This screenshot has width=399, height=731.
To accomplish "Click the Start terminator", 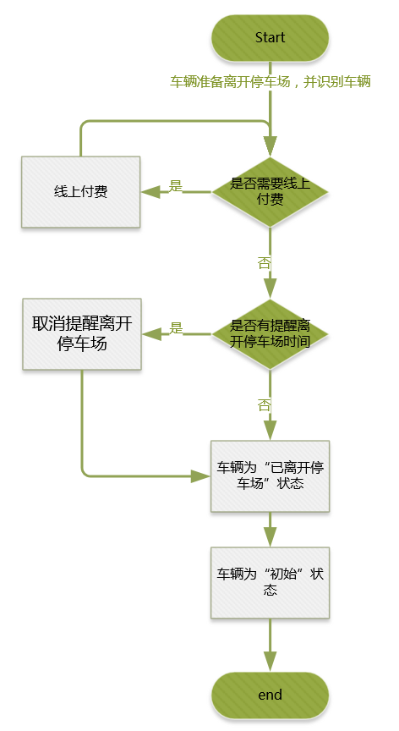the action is coord(270,38).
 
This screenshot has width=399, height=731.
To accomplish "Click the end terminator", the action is coord(270,695).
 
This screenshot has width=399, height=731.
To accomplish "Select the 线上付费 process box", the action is coord(80,192).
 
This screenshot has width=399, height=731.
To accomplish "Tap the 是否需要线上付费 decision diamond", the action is coord(270,192).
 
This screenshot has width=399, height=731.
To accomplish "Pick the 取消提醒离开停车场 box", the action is coord(82,334).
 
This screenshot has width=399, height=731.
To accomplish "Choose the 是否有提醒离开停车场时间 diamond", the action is coord(270,334).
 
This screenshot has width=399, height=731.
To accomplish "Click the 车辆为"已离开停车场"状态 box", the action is coord(270,476).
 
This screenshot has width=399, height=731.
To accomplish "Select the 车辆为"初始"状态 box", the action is coord(270,583).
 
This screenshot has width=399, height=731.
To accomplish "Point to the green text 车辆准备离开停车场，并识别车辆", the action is coord(270,82).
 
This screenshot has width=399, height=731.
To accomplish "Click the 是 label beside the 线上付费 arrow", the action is coord(176,186).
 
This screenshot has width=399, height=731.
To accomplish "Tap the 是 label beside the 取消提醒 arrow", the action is coord(176,327).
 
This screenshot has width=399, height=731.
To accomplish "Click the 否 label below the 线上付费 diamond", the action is coord(264,263).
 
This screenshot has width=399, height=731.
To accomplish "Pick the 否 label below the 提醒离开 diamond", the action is coord(264,405).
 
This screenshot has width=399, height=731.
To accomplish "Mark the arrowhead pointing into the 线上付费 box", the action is coord(150,192).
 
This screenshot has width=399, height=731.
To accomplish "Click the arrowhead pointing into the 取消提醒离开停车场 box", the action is coord(152,334).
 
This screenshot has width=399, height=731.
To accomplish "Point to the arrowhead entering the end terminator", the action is coord(270,662).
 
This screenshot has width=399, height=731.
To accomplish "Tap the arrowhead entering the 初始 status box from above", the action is coord(270,537).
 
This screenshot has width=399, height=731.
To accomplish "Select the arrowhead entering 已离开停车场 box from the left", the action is coord(200,476).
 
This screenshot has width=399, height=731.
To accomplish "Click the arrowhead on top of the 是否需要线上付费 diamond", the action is coord(270,146).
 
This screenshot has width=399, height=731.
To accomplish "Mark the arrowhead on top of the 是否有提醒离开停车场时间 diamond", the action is coord(270,289).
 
